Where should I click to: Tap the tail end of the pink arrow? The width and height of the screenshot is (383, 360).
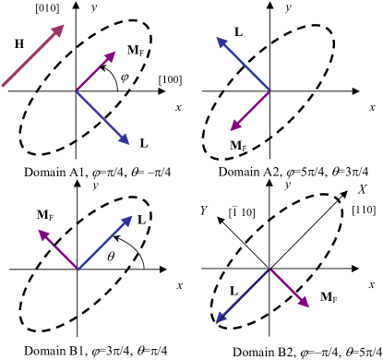point(2,86)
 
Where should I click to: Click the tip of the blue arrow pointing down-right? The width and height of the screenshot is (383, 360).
point(129,144)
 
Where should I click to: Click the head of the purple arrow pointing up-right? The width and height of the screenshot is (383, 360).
point(115,52)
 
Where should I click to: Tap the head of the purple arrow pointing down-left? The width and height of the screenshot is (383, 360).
point(231,130)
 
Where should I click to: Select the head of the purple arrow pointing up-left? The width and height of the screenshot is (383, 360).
point(39,230)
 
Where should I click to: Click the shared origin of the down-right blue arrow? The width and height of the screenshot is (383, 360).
point(76,90)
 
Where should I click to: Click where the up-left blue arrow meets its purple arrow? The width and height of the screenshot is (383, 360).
point(270,90)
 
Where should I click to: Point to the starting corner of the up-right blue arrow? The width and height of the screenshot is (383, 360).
point(78,270)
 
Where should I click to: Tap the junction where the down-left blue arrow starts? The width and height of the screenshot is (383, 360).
point(269,269)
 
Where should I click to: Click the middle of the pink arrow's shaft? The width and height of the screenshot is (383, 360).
point(32,55)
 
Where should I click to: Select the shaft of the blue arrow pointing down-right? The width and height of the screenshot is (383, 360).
point(102,117)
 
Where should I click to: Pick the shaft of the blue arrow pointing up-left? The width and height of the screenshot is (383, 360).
point(244,64)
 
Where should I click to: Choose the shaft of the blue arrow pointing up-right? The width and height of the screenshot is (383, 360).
point(105,243)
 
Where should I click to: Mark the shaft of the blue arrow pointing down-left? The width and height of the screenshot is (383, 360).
point(243,295)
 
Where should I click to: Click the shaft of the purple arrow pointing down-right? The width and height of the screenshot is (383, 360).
point(289,288)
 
